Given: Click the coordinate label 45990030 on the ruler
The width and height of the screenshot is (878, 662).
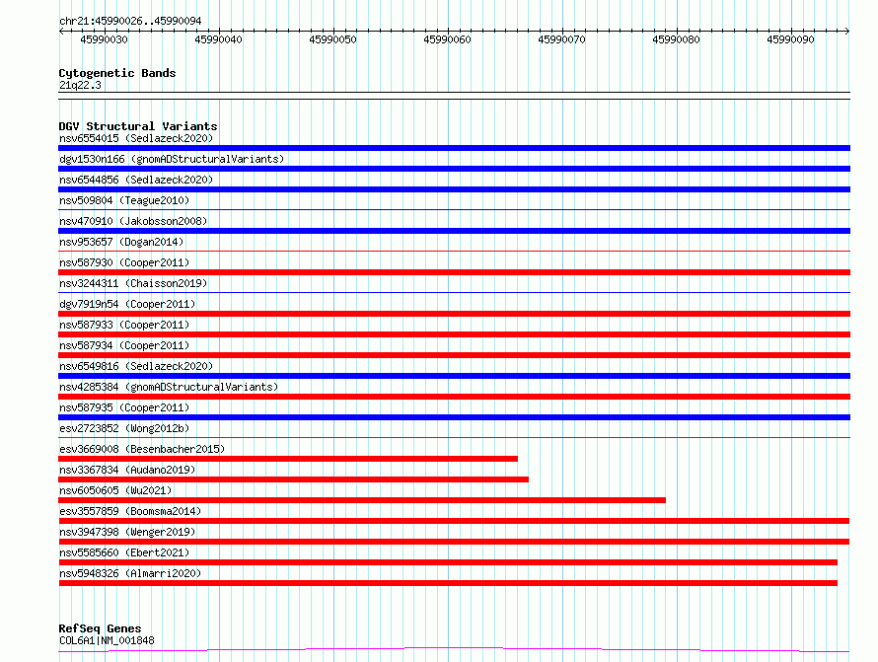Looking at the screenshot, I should pos(104,40).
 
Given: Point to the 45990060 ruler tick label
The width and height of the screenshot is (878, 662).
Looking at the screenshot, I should pos(447,40).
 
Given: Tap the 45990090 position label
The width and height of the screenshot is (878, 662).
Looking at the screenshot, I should pos(790,40).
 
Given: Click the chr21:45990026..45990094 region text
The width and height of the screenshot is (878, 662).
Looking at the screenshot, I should pos(129,21).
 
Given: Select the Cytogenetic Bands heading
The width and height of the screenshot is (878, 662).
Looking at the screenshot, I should pos(116,73).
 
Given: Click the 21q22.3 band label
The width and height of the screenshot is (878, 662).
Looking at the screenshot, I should pos(80,85).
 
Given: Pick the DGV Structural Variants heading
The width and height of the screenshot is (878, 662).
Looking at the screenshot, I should pos(137,126).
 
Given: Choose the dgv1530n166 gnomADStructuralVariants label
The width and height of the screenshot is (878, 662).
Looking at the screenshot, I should pos(171,159).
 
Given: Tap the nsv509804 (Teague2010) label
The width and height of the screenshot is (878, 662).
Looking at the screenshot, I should pos(123,200).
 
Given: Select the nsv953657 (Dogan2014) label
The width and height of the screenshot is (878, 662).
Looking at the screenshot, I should pos(120,242).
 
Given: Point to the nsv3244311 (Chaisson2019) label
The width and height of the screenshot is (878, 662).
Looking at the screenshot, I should pos(132,283).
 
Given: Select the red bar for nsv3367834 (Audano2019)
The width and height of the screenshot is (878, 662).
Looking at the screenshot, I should pos(293,479).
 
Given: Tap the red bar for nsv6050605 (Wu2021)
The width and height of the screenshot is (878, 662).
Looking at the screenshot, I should pos(362,500).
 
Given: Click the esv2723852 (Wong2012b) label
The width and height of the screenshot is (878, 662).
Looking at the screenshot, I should pos(123,428).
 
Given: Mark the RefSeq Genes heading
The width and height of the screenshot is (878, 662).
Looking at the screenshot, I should pos(100,628).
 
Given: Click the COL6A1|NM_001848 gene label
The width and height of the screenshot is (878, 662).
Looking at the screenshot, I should pos(107,640).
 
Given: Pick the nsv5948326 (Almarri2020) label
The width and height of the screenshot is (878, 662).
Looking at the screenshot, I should pos(129,573).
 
